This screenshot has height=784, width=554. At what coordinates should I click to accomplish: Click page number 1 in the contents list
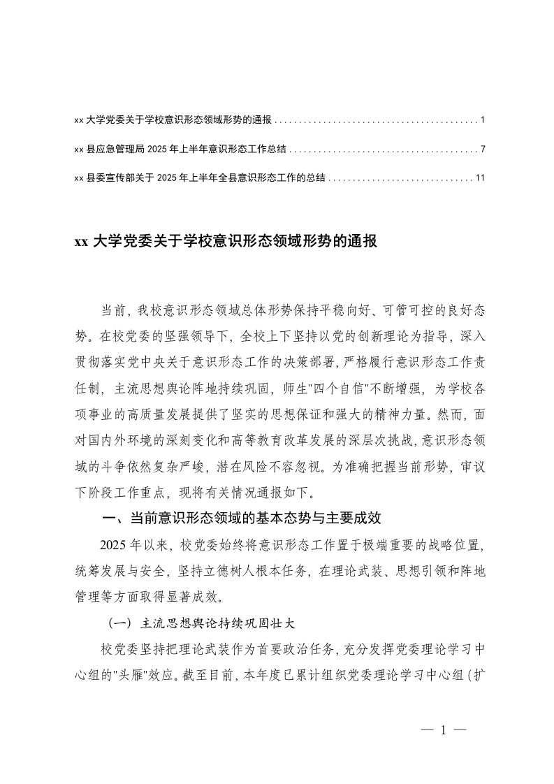(483, 120)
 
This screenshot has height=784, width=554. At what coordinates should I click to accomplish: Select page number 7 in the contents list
(483, 150)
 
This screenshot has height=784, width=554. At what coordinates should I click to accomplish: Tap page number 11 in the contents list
(480, 178)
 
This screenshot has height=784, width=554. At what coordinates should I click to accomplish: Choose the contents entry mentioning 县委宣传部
(199, 178)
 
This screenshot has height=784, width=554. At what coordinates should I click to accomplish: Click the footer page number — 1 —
(443, 731)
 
